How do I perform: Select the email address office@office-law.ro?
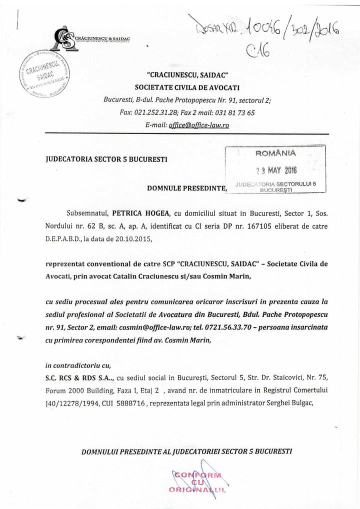click(x=198, y=125)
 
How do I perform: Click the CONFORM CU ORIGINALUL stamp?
click(x=199, y=483)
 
